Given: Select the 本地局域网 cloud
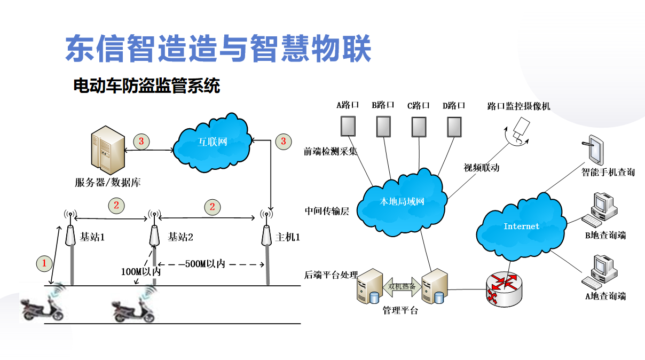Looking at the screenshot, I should tap(402, 201).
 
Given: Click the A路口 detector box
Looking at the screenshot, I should tap(348, 126).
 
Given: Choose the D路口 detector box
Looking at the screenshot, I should tap(454, 126).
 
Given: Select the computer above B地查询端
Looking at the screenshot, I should tap(600, 209).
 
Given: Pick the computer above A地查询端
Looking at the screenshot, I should tap(600, 270).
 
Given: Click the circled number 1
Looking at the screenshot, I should tap(44, 263).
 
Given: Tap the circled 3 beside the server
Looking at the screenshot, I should tap(141, 142).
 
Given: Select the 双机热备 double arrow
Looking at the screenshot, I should tap(402, 286).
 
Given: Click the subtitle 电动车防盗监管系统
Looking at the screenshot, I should tap(146, 85).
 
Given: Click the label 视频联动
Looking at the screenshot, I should tap(482, 168).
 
